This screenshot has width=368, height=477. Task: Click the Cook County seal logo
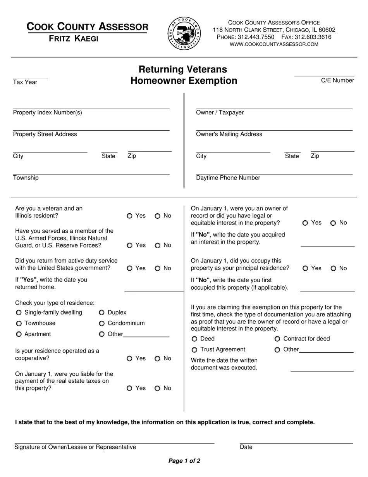pos(184,33)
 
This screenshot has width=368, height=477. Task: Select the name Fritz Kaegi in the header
pos(73,38)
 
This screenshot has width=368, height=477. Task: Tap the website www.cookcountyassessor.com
pos(274,44)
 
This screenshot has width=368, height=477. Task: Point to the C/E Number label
pos(337,80)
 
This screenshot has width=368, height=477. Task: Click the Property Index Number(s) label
pos(47,112)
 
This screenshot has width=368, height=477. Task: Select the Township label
pos(26,178)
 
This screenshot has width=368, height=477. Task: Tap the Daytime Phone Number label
pos(228,178)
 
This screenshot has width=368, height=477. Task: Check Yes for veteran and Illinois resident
pos(129,216)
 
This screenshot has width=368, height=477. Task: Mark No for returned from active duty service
pos(158,268)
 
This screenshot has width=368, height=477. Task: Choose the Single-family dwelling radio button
pos(19,313)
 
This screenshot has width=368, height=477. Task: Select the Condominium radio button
pos(102,323)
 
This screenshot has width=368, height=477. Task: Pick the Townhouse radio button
pos(19,323)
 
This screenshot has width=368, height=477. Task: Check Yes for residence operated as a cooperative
pos(129,359)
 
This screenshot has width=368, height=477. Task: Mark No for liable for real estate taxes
pos(158,388)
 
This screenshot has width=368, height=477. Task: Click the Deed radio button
pos(194,339)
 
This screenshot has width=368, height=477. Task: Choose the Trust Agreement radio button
pos(194,350)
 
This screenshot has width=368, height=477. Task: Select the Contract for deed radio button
pos(277,339)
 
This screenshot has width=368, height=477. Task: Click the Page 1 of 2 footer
pos(184,461)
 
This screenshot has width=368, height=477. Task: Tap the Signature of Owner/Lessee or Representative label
pos(75,447)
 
